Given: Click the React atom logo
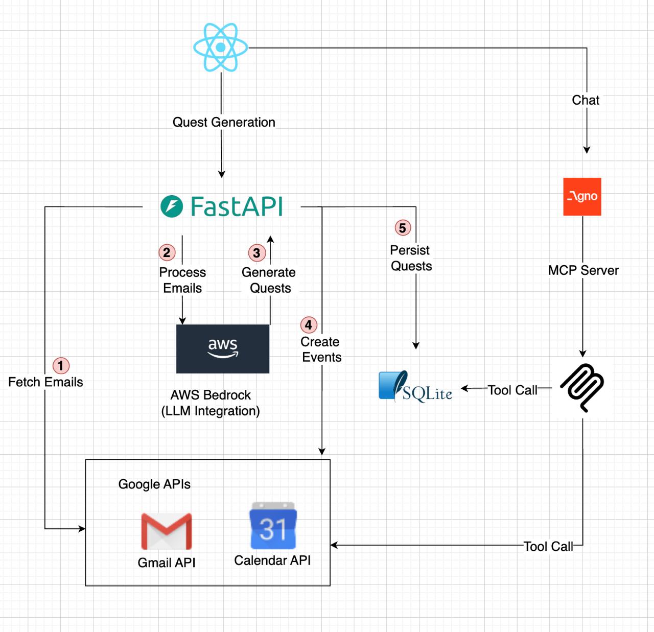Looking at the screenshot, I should click(x=221, y=47).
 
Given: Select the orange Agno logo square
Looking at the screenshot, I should click(x=582, y=197).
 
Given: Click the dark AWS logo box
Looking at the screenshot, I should click(x=223, y=349).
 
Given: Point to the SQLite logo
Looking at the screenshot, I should click(x=415, y=387).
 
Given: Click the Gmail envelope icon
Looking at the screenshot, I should click(x=167, y=531).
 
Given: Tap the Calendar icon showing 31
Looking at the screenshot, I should click(x=273, y=526).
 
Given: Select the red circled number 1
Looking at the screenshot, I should click(x=61, y=365).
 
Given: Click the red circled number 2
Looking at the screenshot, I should click(x=167, y=252).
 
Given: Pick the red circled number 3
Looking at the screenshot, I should click(x=256, y=253).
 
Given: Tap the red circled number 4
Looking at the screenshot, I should click(x=308, y=325).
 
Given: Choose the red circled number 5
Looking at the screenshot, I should click(x=403, y=228).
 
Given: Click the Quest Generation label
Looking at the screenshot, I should click(x=224, y=122).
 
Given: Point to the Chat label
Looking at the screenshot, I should click(x=586, y=100).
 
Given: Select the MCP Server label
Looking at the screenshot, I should click(x=583, y=270).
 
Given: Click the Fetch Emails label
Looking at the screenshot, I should click(x=45, y=382).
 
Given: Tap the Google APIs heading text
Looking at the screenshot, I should click(x=154, y=484).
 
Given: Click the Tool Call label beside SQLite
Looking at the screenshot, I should click(x=512, y=390).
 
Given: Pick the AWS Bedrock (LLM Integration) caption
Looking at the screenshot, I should click(x=211, y=403).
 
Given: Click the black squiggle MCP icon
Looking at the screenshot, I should click(x=582, y=387).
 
